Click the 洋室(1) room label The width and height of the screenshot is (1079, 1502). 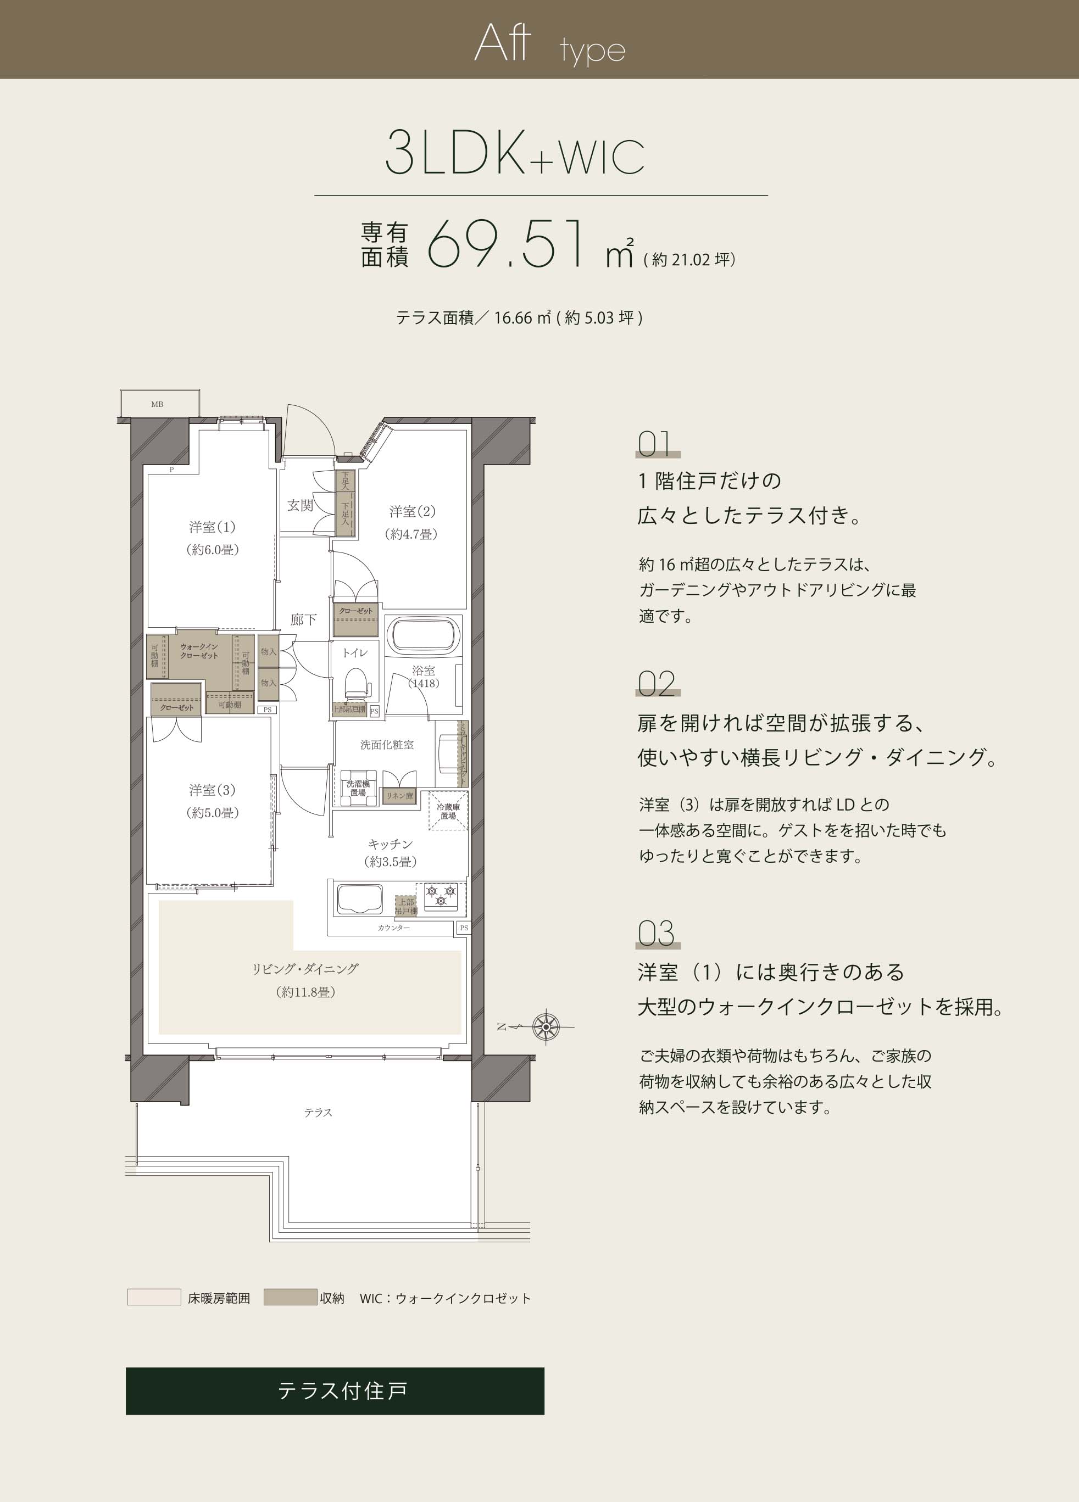(x=212, y=527)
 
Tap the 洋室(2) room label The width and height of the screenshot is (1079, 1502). (x=412, y=511)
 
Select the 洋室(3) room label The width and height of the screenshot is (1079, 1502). (x=212, y=790)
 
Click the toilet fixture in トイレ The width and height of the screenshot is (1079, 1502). (x=357, y=683)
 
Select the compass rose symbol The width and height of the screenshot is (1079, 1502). (x=546, y=1027)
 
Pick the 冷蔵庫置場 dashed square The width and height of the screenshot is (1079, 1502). (x=448, y=811)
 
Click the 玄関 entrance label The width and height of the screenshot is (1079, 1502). (x=300, y=505)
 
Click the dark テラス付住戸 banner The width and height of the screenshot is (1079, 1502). (x=335, y=1391)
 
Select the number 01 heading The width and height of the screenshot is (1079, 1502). (x=654, y=444)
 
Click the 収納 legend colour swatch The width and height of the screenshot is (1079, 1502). (x=290, y=1297)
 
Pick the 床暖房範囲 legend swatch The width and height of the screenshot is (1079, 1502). (x=154, y=1297)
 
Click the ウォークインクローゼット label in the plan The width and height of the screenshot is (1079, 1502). (x=199, y=651)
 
